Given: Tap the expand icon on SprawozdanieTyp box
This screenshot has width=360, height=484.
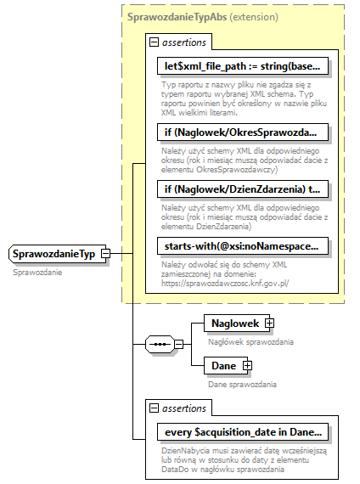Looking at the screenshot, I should (x=105, y=253).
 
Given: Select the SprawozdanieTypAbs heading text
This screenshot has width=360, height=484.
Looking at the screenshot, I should (x=177, y=16).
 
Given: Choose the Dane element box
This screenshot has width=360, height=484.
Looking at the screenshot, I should (x=224, y=365).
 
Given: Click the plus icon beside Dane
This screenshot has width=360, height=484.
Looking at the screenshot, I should (x=248, y=365).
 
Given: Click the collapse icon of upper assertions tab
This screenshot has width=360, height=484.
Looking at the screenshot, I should (x=154, y=42).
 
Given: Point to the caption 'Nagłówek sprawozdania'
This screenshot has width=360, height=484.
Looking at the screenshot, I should (x=250, y=341).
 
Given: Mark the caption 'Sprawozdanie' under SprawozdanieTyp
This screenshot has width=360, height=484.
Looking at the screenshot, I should (x=38, y=272).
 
